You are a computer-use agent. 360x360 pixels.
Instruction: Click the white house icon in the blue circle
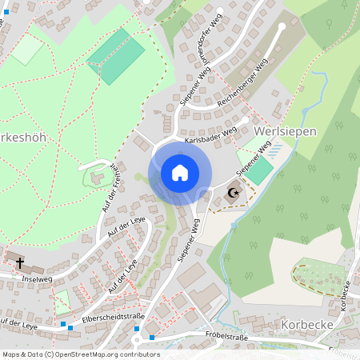coord(180,173)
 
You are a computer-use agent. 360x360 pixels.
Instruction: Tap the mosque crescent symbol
coord(234,193)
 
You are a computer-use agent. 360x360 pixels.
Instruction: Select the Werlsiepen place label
coord(285,130)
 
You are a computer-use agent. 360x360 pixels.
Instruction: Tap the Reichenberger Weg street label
coord(243,86)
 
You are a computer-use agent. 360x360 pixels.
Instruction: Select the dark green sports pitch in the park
coord(115,56)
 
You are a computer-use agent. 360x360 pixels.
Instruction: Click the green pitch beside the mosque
coord(261,171)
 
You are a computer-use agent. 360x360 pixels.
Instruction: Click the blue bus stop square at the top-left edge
coord(7,12)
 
